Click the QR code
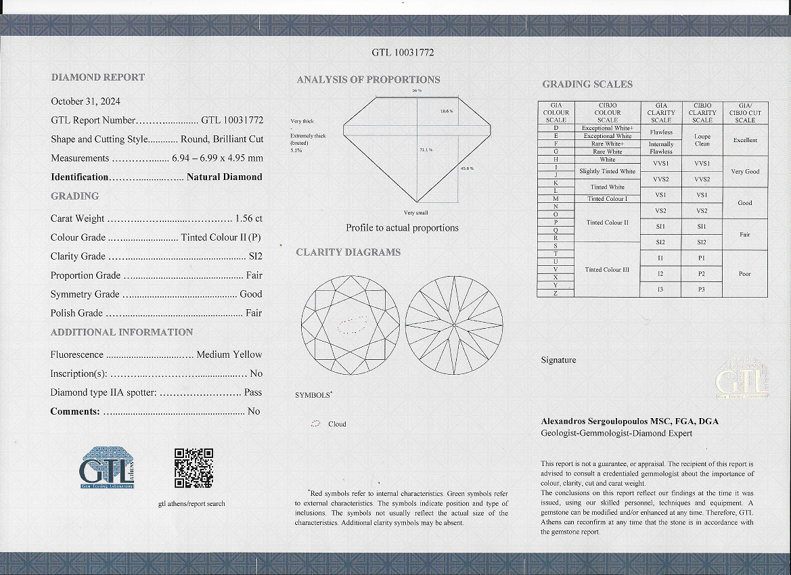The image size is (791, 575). coord(194,467)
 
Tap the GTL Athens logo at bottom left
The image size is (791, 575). coord(107,467)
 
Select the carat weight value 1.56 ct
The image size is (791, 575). coord(248,218)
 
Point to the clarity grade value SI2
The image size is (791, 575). coord(255,256)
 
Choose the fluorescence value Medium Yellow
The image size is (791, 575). coord(229,354)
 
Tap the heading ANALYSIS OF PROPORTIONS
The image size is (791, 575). coord(368,80)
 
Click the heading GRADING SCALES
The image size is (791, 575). coord(587,85)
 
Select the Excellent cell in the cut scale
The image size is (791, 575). coord(745,140)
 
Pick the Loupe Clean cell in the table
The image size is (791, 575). coord(702,140)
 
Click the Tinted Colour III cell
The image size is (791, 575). coord(607,269)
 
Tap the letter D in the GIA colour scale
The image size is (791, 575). coord(556,128)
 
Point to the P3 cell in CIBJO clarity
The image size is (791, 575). coord(702,290)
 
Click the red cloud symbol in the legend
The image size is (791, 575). coord(315,424)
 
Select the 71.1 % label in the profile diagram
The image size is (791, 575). coord(426,149)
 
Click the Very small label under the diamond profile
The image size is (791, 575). coord(415,212)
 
